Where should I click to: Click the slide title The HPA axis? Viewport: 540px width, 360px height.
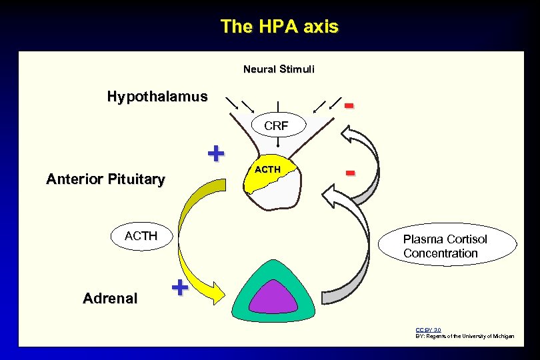(279, 27)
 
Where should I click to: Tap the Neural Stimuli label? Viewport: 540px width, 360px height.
(279, 69)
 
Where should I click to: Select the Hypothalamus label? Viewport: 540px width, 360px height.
(157, 97)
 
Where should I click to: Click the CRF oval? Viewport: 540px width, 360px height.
(276, 125)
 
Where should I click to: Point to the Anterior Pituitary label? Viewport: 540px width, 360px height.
(105, 179)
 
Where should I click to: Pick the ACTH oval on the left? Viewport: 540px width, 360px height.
(141, 236)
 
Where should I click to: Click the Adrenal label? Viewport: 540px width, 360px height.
(110, 299)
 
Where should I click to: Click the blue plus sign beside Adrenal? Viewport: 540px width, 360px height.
(179, 288)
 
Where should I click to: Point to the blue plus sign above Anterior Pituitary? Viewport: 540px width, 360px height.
(215, 153)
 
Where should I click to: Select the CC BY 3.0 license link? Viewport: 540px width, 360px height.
(428, 330)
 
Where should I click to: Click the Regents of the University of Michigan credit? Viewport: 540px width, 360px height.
(465, 337)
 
